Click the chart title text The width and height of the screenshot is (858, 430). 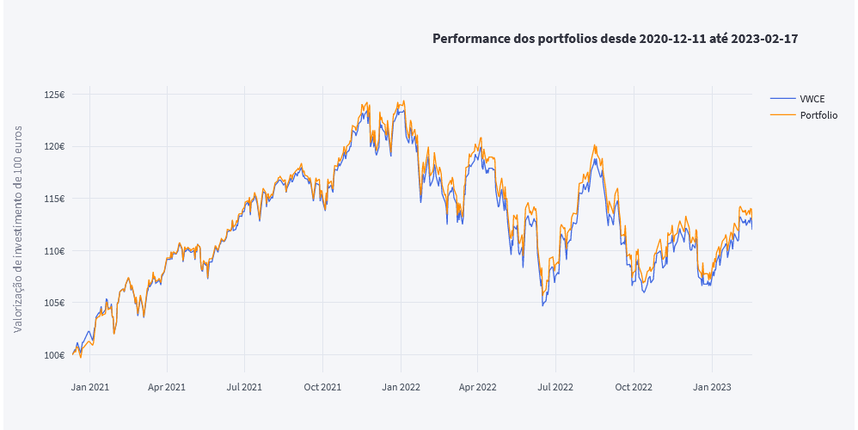(x=616, y=39)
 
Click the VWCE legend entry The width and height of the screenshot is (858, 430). (x=812, y=99)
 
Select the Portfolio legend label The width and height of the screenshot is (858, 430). (x=818, y=115)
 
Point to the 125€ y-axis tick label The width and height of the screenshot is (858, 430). (x=56, y=95)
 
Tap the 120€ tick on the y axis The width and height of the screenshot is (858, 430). (x=56, y=146)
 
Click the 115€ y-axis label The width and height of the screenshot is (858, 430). (x=56, y=199)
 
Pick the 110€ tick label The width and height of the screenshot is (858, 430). (x=56, y=251)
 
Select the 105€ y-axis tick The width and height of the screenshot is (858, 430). (x=56, y=303)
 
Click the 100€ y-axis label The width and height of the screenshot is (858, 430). (x=56, y=355)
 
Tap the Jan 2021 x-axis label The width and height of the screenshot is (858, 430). (x=89, y=387)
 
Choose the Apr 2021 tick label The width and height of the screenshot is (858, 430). (x=167, y=387)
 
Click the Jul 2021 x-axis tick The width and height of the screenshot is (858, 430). (x=244, y=387)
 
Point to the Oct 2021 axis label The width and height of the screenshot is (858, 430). (x=322, y=387)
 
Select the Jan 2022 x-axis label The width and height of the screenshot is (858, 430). (x=401, y=387)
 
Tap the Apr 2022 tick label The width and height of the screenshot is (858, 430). (x=478, y=387)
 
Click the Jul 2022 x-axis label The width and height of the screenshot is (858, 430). (x=555, y=387)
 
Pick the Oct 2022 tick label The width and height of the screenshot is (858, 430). (x=634, y=387)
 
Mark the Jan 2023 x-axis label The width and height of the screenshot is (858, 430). (x=712, y=387)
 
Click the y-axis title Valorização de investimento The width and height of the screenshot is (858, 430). (x=18, y=228)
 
